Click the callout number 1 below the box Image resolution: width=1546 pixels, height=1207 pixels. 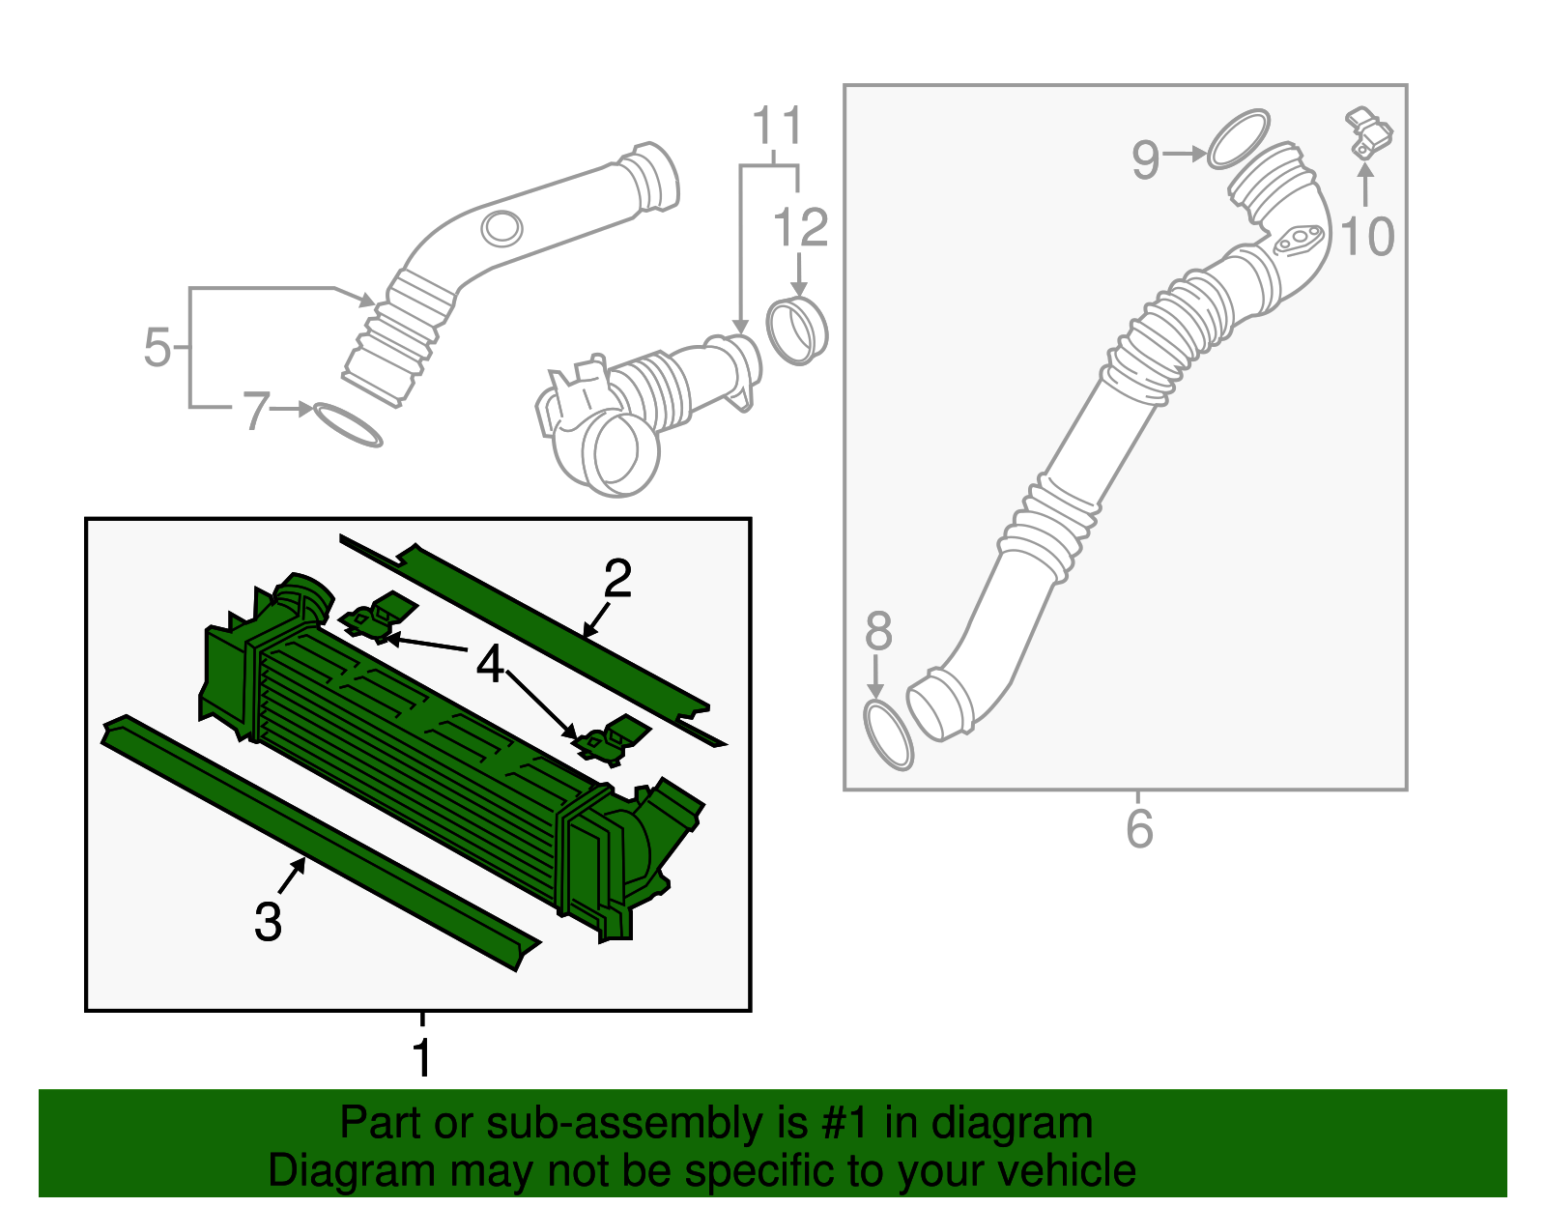(x=422, y=1059)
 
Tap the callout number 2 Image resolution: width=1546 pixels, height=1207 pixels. (x=617, y=579)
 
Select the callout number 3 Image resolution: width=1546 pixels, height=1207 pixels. (x=268, y=921)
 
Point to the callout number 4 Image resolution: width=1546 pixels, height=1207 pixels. (x=491, y=665)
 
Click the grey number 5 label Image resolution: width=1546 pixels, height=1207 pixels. (x=157, y=348)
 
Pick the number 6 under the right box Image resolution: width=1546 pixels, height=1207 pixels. (x=1139, y=829)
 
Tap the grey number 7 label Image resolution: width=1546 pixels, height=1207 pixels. (x=254, y=411)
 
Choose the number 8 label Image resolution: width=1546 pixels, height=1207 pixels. (x=878, y=632)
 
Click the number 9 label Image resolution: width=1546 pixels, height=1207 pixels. (x=1145, y=159)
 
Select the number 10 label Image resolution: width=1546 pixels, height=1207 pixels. (x=1367, y=237)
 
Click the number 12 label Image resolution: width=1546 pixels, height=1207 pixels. (x=800, y=229)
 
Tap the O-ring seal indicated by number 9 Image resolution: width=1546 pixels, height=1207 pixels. (x=1238, y=138)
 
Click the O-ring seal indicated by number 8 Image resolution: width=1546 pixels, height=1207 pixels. (x=888, y=736)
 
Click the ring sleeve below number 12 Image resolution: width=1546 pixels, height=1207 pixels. (x=797, y=330)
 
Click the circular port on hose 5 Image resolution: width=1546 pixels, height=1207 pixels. (x=501, y=228)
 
